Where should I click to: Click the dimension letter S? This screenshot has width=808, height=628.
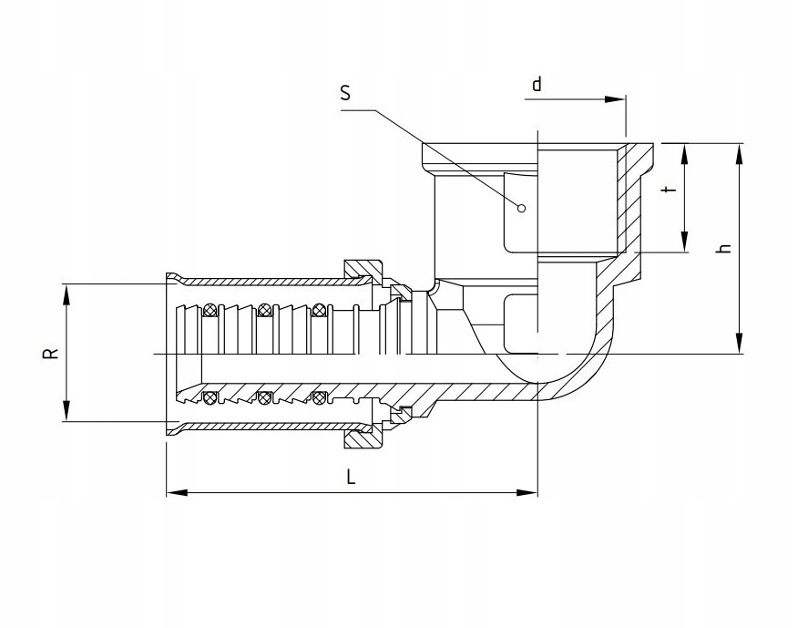pyautogui.click(x=345, y=93)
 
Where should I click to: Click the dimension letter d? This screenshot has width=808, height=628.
pyautogui.click(x=537, y=83)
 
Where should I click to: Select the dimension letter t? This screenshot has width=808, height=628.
pyautogui.click(x=669, y=190)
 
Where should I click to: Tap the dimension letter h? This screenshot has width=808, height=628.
pyautogui.click(x=724, y=248)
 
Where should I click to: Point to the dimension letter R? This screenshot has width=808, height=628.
pyautogui.click(x=51, y=353)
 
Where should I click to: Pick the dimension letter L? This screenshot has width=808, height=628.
pyautogui.click(x=351, y=477)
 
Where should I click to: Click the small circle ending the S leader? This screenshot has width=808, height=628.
pyautogui.click(x=521, y=208)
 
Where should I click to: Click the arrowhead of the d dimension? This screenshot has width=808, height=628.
pyautogui.click(x=615, y=99)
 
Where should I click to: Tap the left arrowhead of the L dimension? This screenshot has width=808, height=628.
pyautogui.click(x=176, y=492)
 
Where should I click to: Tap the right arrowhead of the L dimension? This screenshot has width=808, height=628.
pyautogui.click(x=527, y=492)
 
